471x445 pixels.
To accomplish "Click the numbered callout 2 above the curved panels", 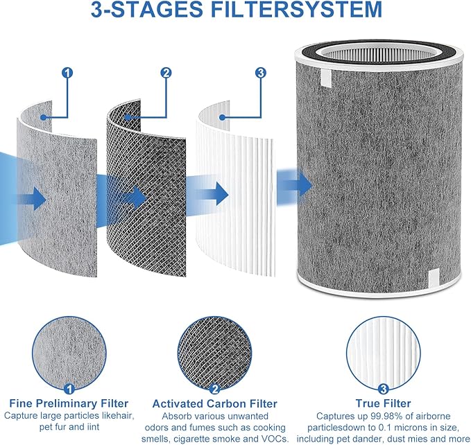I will coord(166,72).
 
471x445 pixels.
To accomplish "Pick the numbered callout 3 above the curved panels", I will coord(260,72).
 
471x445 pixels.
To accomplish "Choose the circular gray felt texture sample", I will coord(66,354).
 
